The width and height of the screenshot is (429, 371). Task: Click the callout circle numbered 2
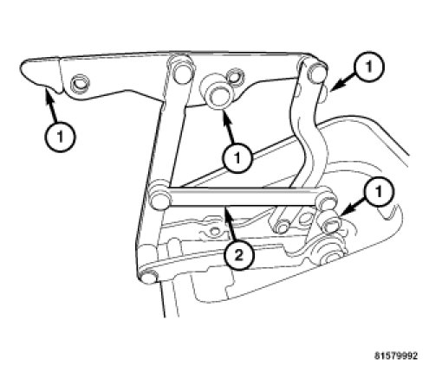239,255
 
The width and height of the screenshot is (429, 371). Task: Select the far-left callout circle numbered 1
60,137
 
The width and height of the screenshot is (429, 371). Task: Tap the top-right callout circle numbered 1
369,67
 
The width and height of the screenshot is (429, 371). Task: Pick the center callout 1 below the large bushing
237,157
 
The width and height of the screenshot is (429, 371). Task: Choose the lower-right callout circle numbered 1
379,191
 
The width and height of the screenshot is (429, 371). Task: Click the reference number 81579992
396,355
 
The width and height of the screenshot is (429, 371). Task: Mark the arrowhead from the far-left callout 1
47,93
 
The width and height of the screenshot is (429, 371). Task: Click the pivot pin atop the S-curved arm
315,72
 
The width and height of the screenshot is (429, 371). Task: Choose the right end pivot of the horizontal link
326,201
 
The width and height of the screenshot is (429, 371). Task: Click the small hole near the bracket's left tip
80,83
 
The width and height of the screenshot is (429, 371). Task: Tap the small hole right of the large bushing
235,77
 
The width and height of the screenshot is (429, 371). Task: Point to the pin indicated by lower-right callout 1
329,224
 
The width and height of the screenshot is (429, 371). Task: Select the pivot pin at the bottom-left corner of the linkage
148,278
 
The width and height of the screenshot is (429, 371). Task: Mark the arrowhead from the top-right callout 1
335,85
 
